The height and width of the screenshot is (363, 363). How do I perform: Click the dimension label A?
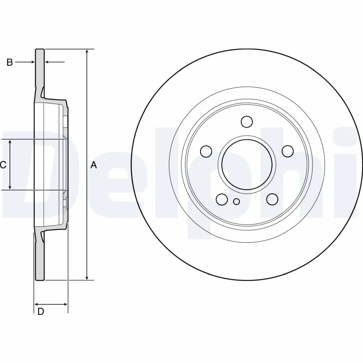click(94, 165)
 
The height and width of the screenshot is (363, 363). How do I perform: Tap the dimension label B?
click(10, 62)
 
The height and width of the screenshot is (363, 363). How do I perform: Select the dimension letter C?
click(3, 165)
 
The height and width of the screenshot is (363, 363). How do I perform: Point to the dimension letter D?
click(41, 311)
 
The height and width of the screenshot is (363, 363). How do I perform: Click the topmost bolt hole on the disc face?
click(247, 122)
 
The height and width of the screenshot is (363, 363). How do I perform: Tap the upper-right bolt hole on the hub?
click(287, 151)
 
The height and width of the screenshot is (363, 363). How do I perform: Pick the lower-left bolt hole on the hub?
click(222, 199)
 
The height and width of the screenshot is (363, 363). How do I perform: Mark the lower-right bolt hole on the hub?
click(272, 199)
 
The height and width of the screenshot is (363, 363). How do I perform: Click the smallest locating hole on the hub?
click(236, 202)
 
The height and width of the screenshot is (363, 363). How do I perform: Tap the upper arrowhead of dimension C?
click(10, 142)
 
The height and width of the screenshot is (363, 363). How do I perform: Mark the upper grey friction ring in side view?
click(40, 68)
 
